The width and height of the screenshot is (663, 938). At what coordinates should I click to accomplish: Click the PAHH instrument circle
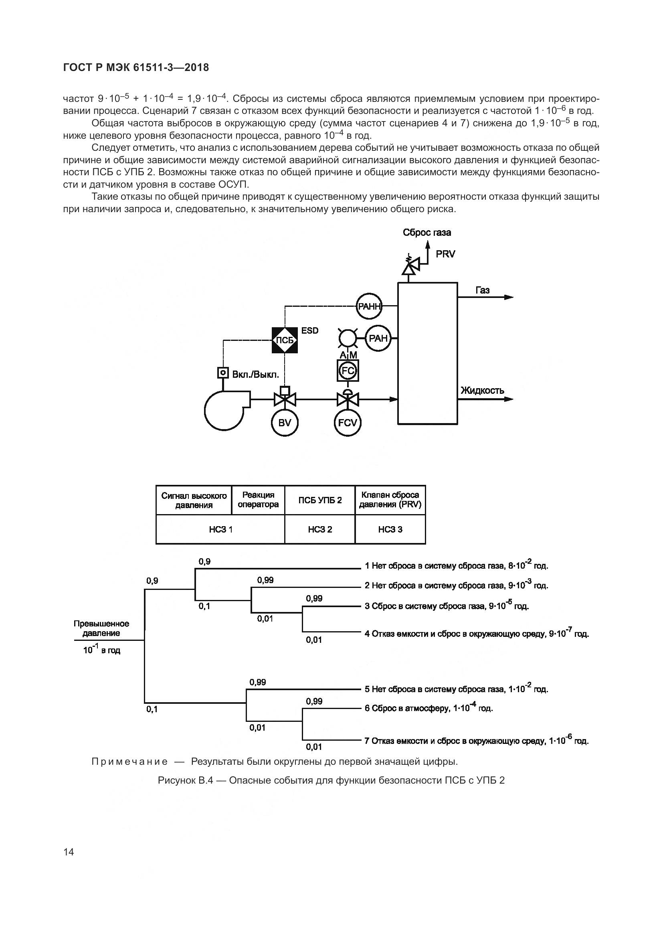[x=369, y=306]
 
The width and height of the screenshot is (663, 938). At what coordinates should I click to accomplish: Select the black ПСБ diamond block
[x=285, y=340]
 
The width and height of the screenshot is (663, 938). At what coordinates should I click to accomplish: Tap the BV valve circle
[x=285, y=423]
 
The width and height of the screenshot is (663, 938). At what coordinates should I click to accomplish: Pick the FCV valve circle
[x=348, y=423]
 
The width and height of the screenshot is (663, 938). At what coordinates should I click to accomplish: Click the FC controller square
[x=348, y=371]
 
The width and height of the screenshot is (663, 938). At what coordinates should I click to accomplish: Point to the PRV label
[x=445, y=254]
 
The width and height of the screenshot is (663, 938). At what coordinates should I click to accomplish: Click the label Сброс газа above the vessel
[x=427, y=233]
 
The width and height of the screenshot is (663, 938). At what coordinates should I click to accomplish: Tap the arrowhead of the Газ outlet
[x=509, y=298]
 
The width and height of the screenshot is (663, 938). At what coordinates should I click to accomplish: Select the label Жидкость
[x=482, y=390]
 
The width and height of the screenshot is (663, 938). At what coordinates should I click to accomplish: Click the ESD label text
[x=310, y=330]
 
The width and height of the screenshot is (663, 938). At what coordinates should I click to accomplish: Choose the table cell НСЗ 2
[x=320, y=529]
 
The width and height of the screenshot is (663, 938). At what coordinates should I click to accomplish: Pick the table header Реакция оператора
[x=258, y=500]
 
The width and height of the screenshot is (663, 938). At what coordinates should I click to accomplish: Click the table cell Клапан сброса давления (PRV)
[x=390, y=500]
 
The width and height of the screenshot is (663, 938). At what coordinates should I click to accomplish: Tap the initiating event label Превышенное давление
[x=101, y=628]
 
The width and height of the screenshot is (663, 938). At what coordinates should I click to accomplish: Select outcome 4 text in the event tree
[x=477, y=634]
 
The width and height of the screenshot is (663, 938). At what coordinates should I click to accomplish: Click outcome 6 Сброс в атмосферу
[x=429, y=708]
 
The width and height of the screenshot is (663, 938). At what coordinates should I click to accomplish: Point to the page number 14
[x=69, y=852]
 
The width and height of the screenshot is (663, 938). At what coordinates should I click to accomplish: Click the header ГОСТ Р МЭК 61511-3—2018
[x=136, y=67]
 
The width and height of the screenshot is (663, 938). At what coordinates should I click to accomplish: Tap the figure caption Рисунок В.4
[x=331, y=780]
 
